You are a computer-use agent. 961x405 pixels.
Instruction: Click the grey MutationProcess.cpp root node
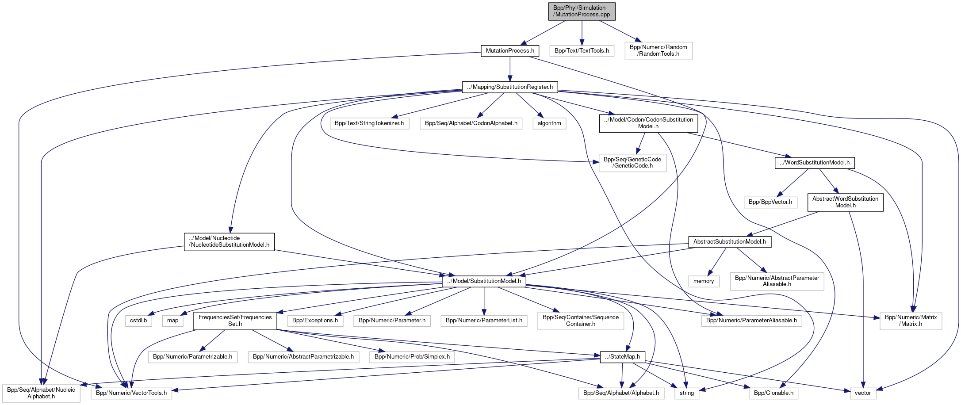[582, 11]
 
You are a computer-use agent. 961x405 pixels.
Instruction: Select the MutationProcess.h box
[510, 51]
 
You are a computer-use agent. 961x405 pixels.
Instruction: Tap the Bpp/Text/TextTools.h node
[582, 51]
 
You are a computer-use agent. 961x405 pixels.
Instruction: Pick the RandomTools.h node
[658, 50]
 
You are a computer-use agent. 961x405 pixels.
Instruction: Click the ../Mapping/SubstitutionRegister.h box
[510, 87]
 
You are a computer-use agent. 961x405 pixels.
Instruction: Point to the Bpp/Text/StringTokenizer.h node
[369, 123]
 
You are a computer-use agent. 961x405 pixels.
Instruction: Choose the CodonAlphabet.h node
[471, 123]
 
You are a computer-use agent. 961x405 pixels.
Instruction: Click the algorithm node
[549, 123]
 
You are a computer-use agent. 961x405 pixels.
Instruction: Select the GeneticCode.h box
[632, 163]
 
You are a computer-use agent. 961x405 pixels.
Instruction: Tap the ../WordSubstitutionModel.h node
[815, 163]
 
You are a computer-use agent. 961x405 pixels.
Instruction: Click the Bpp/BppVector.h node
[770, 202]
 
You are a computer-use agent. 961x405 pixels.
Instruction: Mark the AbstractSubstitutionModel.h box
[730, 242]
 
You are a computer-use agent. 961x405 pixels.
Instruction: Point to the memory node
[704, 281]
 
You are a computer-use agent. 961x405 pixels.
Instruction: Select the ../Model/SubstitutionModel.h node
[484, 281]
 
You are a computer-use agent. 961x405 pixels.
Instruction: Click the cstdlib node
[138, 321]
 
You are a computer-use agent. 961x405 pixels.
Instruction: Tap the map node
[173, 321]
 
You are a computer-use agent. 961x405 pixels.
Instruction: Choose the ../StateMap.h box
[622, 357]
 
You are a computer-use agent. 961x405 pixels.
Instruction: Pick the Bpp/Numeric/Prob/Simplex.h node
[412, 357]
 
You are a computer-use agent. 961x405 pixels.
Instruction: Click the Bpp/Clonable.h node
[773, 393]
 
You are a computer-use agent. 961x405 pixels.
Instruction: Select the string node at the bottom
[687, 393]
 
